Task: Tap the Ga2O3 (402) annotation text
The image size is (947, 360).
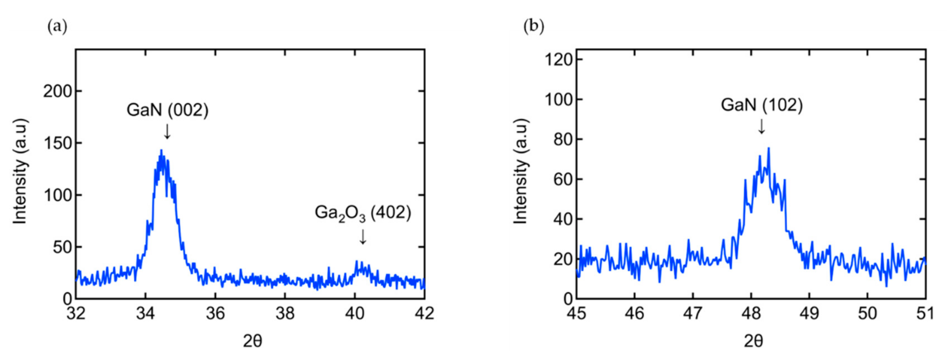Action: coord(363,213)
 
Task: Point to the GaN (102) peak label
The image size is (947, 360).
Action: coord(762,105)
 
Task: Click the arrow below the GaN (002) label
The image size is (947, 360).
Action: coord(167,131)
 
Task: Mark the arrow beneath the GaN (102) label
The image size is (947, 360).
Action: coord(762,126)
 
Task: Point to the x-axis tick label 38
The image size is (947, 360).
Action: coord(285,314)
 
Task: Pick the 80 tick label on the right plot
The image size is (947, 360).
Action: coord(564,140)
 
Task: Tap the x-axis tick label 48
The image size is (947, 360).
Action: coord(751,314)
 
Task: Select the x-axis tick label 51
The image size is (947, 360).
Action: coord(925,314)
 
